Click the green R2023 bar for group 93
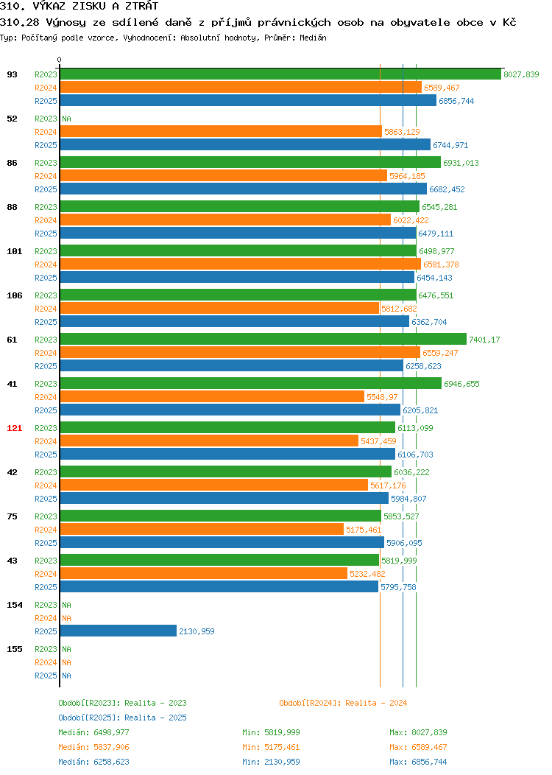[x=280, y=74]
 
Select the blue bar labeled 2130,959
[x=118, y=631]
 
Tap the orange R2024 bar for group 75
[x=202, y=530]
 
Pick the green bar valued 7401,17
[x=263, y=339]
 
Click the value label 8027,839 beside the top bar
[x=521, y=74]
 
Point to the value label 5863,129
[x=402, y=132]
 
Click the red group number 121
[x=14, y=428]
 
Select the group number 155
[x=14, y=649]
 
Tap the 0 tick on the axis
[x=60, y=60]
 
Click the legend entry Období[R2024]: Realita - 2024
[x=343, y=703]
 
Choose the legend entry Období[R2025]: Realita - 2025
[x=122, y=718]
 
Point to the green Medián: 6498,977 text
[x=93, y=732]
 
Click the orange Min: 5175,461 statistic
[x=271, y=747]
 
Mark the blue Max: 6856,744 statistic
[x=418, y=762]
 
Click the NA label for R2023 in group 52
[x=67, y=119]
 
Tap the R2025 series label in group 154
[x=46, y=631]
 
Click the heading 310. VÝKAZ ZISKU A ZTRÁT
[x=79, y=6]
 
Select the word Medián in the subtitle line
[x=313, y=38]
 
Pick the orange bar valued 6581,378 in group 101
[x=241, y=264]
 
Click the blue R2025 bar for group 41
[x=230, y=410]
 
